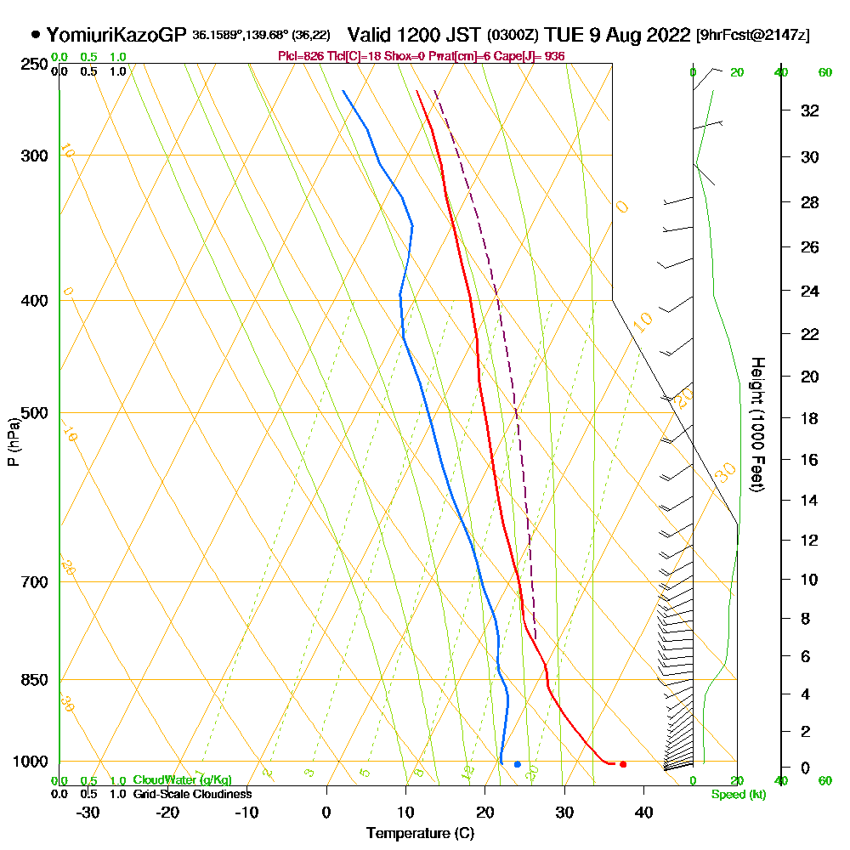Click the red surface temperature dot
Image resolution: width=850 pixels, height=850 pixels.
[623, 764]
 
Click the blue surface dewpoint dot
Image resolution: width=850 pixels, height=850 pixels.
[517, 764]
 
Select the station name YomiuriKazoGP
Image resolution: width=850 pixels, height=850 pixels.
[116, 35]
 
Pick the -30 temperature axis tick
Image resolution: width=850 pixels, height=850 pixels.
[88, 812]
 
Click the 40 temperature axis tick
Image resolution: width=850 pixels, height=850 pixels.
[643, 812]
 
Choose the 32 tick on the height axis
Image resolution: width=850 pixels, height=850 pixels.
[810, 110]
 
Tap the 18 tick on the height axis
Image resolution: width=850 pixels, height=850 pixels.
[810, 418]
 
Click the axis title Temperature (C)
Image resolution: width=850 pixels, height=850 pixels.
[420, 834]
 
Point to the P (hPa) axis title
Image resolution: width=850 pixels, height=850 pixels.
[13, 441]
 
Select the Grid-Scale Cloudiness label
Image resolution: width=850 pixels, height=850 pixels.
[191, 794]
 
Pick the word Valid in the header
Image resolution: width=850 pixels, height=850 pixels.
[372, 35]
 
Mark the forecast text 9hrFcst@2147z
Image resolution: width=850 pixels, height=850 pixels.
[752, 36]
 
